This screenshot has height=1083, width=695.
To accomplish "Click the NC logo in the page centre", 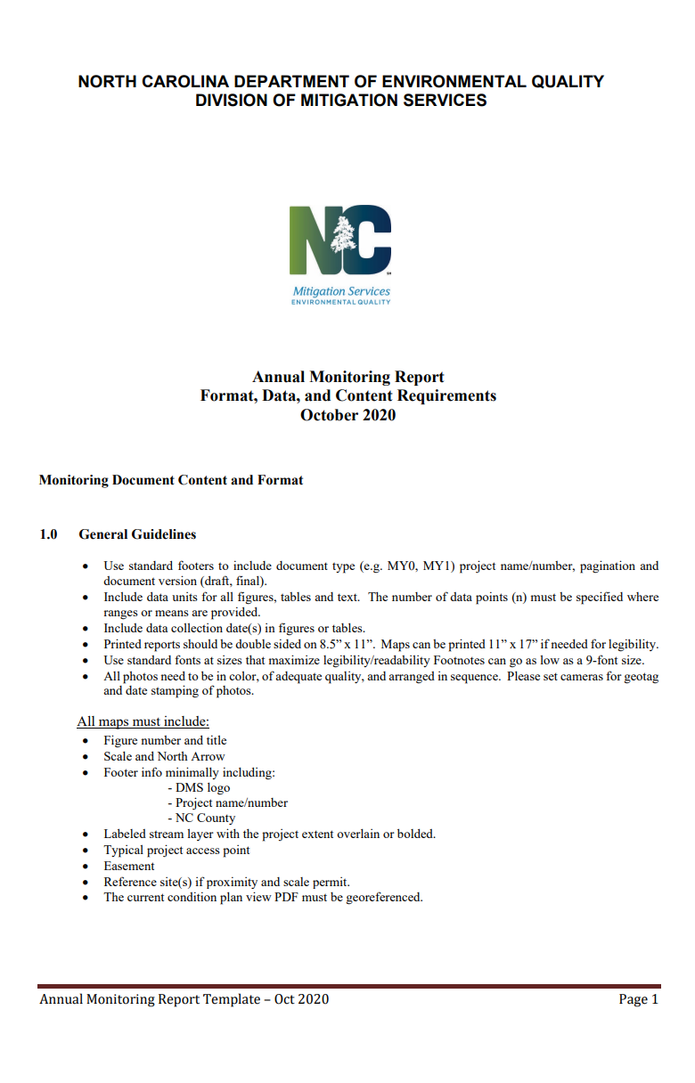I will [x=340, y=240].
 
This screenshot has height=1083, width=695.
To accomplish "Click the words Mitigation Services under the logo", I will [x=341, y=291].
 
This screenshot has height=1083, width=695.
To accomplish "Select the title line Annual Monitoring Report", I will [x=347, y=377].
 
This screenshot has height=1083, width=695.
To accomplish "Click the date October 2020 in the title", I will [x=347, y=414].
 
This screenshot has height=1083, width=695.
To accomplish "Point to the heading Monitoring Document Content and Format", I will [x=171, y=480].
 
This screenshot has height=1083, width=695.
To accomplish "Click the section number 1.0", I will [x=48, y=534].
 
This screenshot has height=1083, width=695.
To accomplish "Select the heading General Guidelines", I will [x=137, y=534].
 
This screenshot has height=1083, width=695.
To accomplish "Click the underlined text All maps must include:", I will [x=143, y=721].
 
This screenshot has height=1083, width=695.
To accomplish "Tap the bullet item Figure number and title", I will [x=165, y=740].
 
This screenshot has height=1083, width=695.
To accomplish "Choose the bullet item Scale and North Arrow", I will [x=164, y=756].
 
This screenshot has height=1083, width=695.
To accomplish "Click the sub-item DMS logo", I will [x=202, y=787].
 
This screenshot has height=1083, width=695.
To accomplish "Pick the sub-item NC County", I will [x=205, y=818].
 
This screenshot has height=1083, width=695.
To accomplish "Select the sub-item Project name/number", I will [x=231, y=802].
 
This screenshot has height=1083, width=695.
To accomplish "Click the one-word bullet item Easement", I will [x=129, y=866].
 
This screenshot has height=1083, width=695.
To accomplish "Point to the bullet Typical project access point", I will [x=176, y=850].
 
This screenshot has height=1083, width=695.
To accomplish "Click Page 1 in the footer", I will [x=638, y=999].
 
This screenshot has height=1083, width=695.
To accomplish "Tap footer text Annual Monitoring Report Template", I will [x=151, y=999].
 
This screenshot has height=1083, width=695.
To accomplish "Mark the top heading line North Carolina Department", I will [x=341, y=82].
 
